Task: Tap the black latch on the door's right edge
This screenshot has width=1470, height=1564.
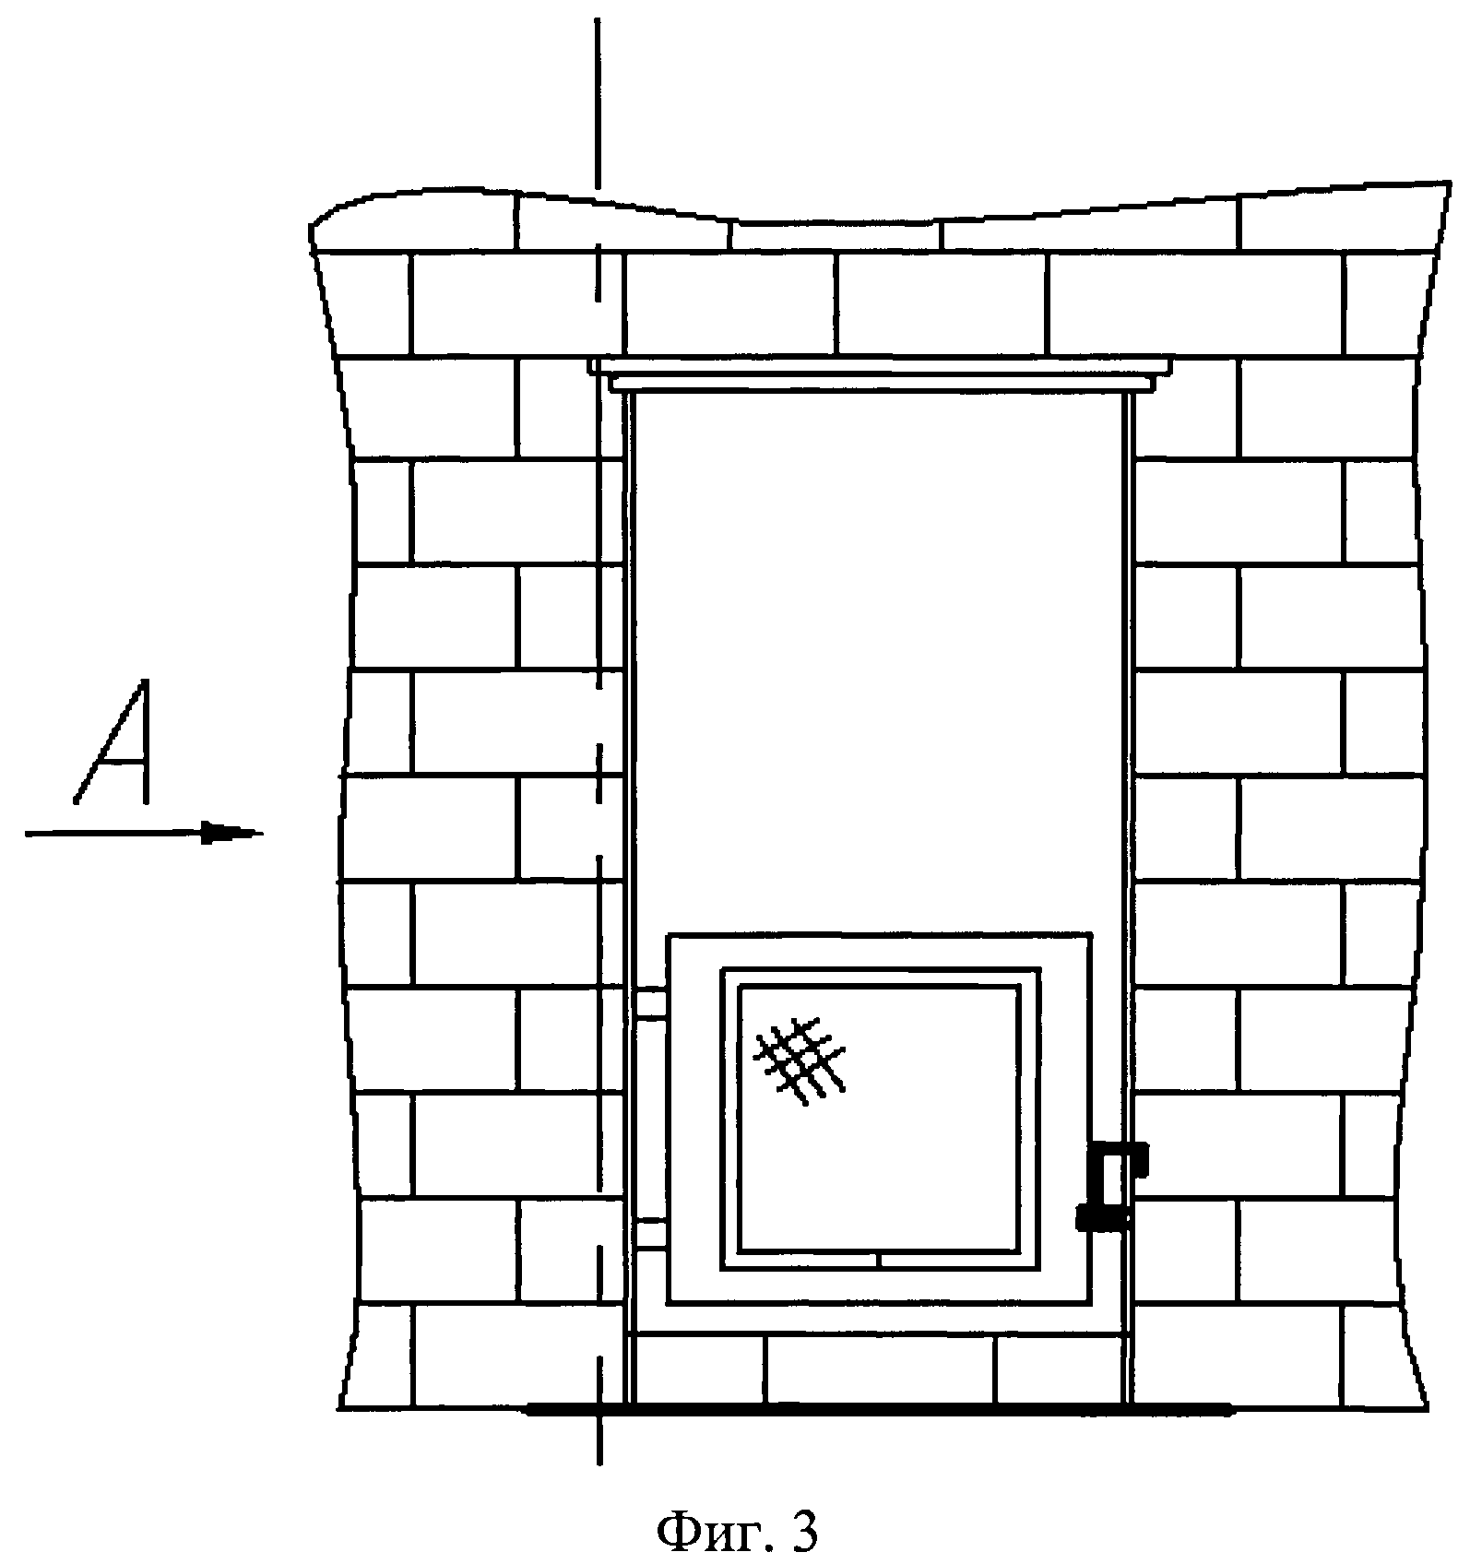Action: tap(1111, 1185)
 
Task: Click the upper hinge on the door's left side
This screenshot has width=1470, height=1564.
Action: tap(651, 1003)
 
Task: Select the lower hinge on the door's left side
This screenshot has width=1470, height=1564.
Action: tap(651, 1233)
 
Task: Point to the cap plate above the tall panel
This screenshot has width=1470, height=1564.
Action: tap(881, 374)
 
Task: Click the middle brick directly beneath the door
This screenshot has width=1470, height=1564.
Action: tap(881, 1369)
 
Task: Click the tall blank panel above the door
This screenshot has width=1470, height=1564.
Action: tap(881, 646)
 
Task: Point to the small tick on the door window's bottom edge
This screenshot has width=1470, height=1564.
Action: tap(881, 1260)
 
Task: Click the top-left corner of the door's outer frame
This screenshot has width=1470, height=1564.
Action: tap(669, 935)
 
